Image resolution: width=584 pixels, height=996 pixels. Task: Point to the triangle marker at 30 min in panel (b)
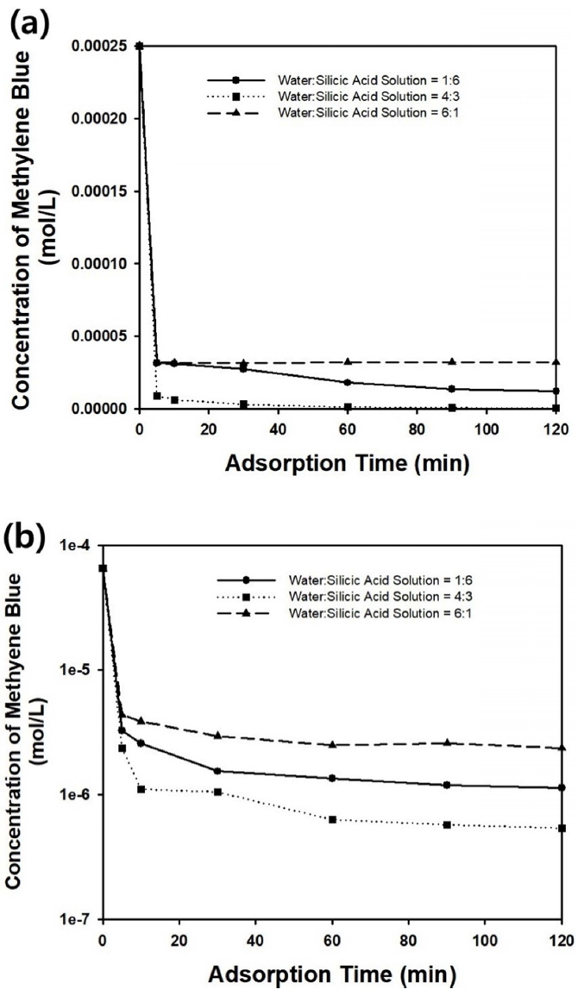pyautogui.click(x=218, y=736)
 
